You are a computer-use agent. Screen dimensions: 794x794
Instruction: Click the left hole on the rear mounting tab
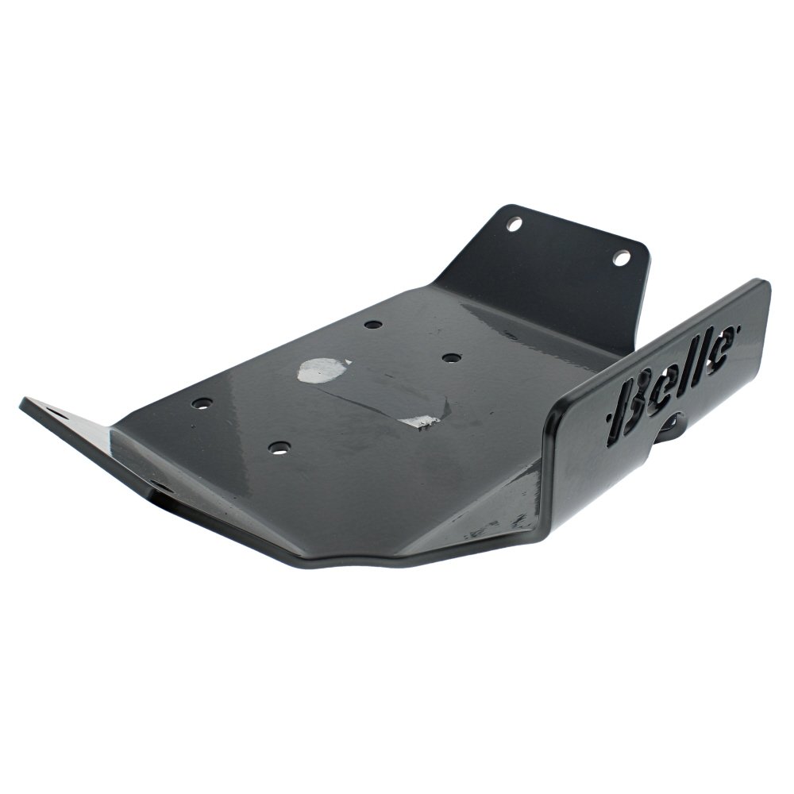[514, 223]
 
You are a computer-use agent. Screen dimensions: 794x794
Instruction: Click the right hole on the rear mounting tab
[621, 258]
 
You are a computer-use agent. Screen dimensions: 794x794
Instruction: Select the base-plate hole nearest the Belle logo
[451, 357]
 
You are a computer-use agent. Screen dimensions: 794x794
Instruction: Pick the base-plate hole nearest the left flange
[202, 403]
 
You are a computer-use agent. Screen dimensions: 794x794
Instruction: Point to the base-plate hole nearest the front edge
[279, 448]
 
